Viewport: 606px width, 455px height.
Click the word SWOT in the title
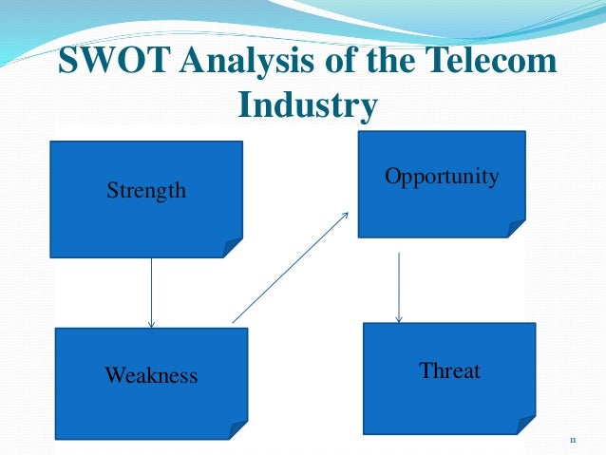point(112,65)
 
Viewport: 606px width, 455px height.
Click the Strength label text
point(146,191)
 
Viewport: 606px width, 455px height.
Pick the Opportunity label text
point(442,177)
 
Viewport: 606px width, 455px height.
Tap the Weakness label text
point(151,375)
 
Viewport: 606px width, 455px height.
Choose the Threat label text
point(450,370)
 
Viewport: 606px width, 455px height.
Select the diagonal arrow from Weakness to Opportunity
point(290,267)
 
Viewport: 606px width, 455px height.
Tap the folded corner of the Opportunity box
point(517,227)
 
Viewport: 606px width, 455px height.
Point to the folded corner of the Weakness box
point(237,429)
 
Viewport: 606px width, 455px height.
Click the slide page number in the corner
point(572,441)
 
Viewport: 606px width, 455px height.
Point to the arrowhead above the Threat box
point(399,318)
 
